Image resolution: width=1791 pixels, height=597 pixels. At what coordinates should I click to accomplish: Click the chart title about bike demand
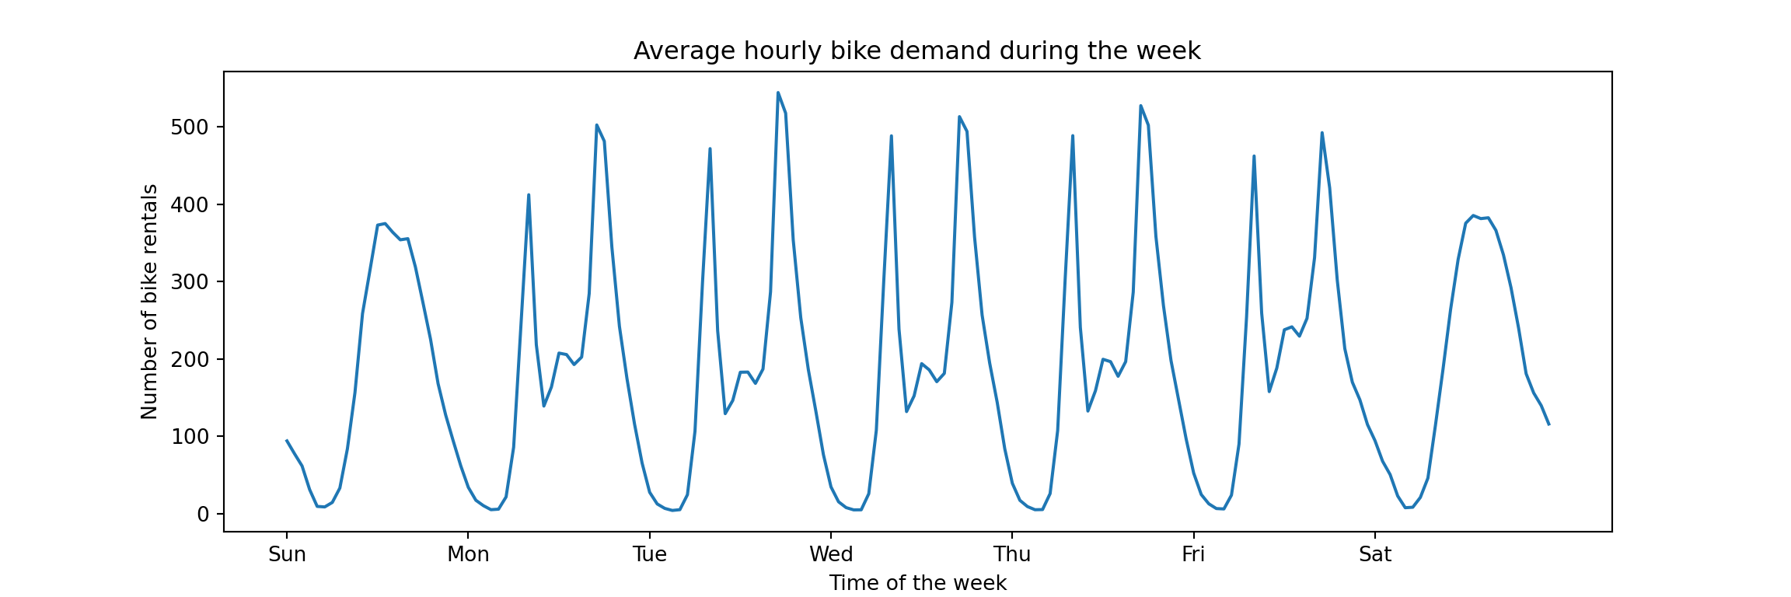(x=916, y=51)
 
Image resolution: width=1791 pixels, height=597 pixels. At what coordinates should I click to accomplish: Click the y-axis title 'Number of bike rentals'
(x=149, y=302)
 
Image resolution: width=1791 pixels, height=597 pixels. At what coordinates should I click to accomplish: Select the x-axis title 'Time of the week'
(x=917, y=583)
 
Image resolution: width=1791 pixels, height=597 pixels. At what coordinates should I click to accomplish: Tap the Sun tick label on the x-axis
(x=287, y=554)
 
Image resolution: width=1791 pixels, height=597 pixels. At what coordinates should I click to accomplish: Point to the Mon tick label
(x=468, y=554)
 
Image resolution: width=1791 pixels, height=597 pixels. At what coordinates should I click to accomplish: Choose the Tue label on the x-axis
(x=649, y=554)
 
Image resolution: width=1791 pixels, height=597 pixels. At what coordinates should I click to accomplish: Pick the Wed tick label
(x=831, y=554)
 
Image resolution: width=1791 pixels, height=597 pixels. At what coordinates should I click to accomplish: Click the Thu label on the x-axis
(x=1012, y=554)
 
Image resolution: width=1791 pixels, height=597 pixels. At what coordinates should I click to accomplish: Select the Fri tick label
(x=1193, y=554)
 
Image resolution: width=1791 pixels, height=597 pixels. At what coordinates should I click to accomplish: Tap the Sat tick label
(x=1375, y=554)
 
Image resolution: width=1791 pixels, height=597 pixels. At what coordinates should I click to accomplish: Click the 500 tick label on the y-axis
(x=190, y=127)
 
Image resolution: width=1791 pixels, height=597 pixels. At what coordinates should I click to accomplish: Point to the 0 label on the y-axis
(x=203, y=515)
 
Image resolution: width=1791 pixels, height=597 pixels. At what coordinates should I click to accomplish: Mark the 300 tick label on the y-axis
(x=190, y=282)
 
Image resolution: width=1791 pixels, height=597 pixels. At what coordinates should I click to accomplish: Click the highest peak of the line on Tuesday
(x=778, y=93)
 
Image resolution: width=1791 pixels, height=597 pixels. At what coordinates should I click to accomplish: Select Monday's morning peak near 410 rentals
(x=529, y=195)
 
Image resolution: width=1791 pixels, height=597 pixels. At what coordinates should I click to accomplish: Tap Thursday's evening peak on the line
(x=1140, y=106)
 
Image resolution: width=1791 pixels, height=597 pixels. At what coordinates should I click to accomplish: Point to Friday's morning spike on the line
(x=1254, y=156)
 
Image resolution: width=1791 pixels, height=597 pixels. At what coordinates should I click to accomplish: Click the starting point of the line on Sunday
(x=287, y=440)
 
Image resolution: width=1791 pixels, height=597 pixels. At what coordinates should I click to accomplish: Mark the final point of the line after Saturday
(x=1548, y=424)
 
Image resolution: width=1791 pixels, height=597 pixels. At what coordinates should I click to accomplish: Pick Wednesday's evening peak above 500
(x=959, y=117)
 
